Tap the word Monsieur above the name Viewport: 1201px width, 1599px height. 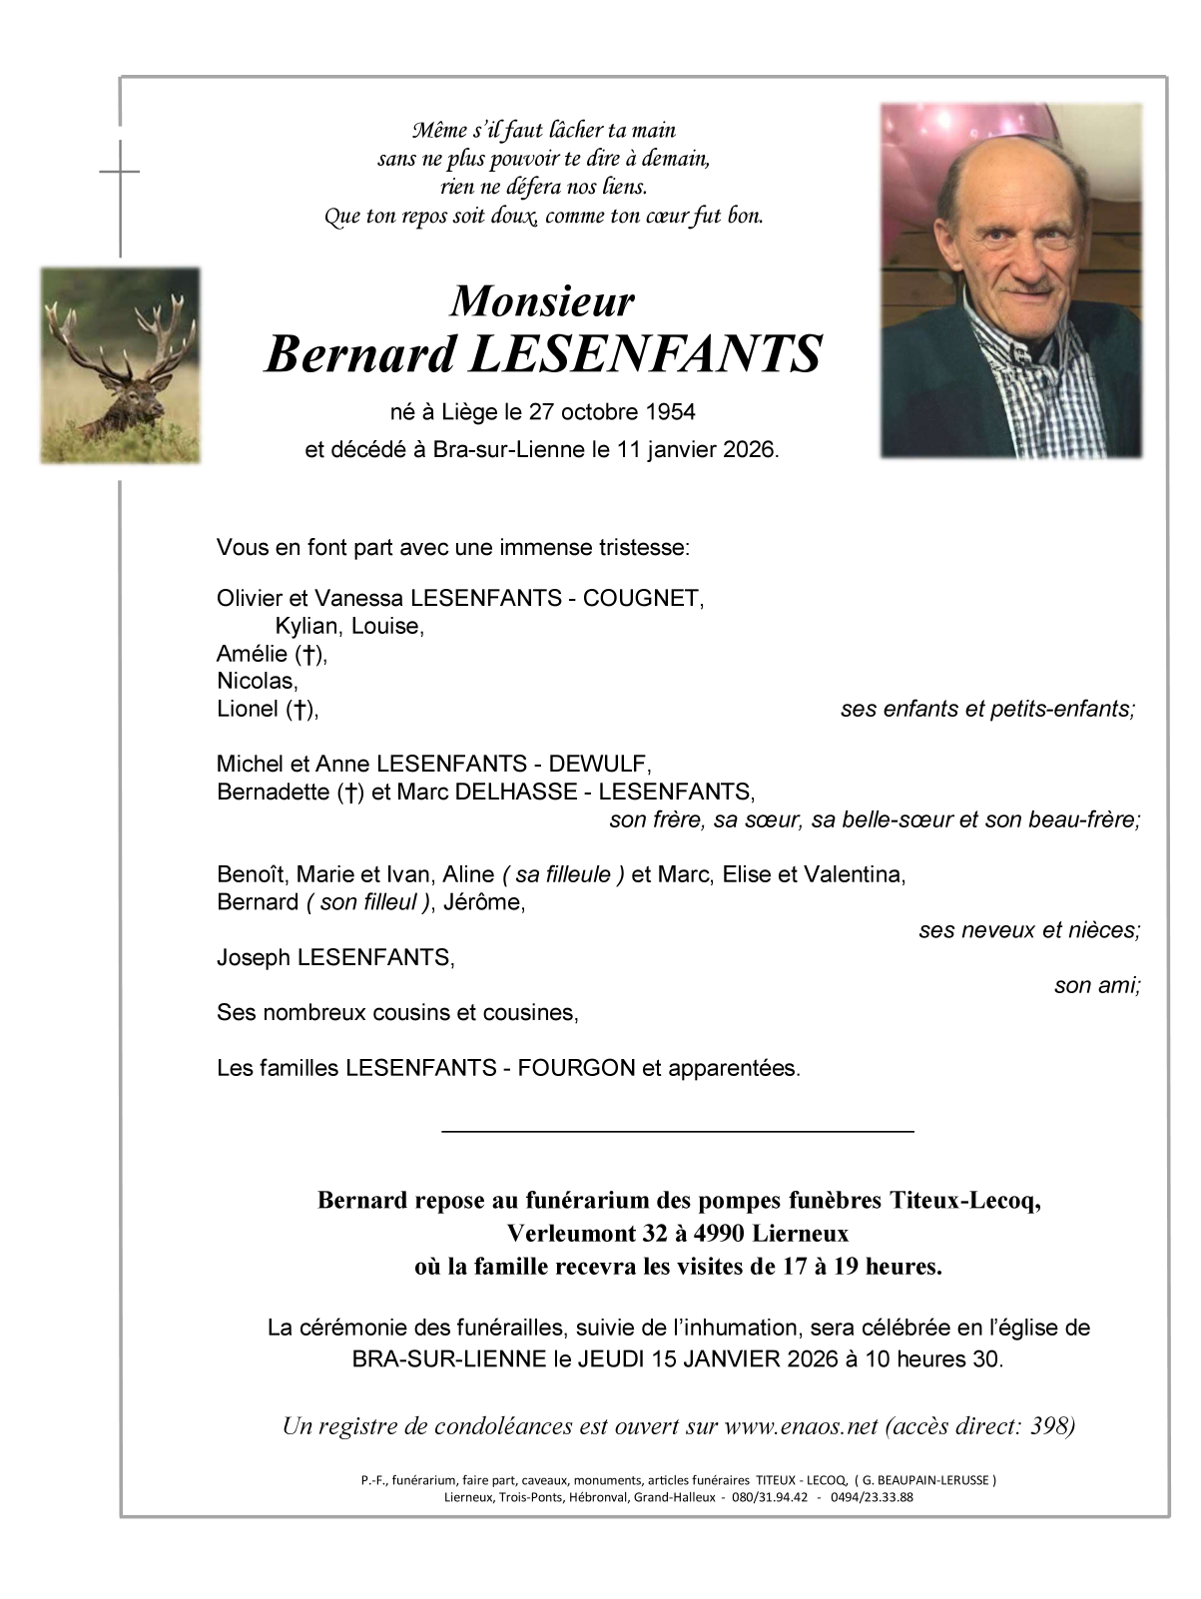point(542,300)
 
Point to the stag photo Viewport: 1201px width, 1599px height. point(120,365)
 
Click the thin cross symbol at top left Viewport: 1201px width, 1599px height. point(120,172)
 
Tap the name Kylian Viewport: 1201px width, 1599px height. point(305,626)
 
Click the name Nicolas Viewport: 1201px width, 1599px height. point(257,681)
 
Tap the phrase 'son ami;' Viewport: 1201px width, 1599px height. point(1097,985)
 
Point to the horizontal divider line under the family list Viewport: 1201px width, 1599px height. point(677,1131)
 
